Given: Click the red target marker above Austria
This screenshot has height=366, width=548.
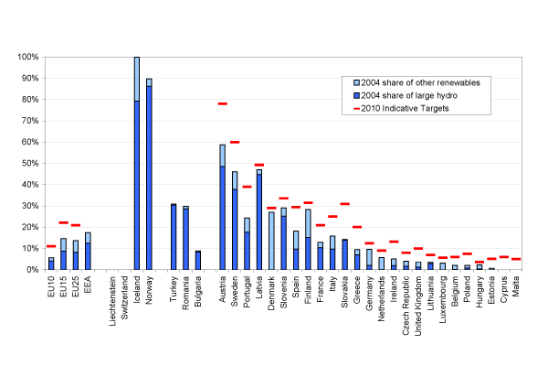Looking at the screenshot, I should (222, 103).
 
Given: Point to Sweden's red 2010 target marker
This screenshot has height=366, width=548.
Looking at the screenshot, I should (234, 142).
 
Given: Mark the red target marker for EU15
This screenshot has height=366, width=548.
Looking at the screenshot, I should (63, 222).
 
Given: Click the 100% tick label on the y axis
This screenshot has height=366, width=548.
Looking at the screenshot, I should (27, 57).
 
